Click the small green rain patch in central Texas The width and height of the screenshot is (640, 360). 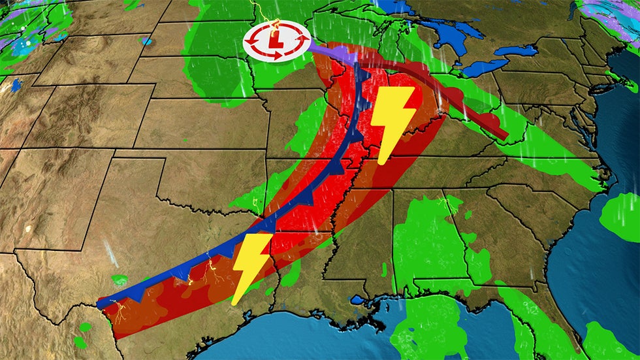[x=120, y=280]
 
